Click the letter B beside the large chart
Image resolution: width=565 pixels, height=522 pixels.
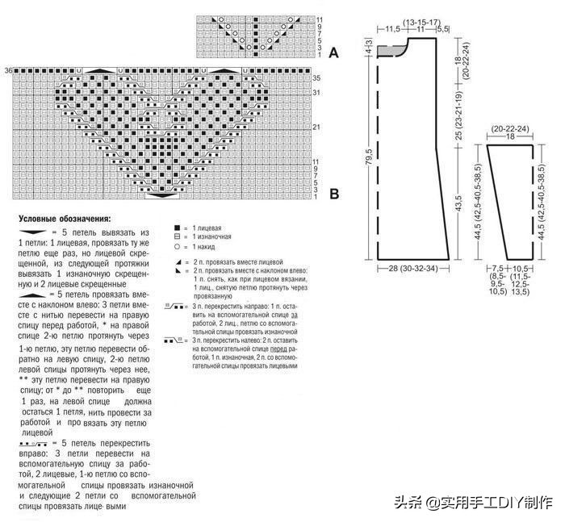tap(334, 194)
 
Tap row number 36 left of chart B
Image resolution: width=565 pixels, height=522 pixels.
tap(8, 72)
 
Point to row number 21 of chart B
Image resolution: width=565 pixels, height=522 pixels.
tap(317, 127)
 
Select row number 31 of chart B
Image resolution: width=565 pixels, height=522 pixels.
tap(317, 92)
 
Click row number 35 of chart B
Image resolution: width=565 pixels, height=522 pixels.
tap(317, 78)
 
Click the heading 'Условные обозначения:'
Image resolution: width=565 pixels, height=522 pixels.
tap(65, 218)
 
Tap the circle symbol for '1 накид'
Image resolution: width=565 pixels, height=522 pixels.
tap(176, 247)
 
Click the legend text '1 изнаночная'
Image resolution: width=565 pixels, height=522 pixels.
tap(212, 237)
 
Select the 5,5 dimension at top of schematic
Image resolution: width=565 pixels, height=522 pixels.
tap(442, 29)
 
